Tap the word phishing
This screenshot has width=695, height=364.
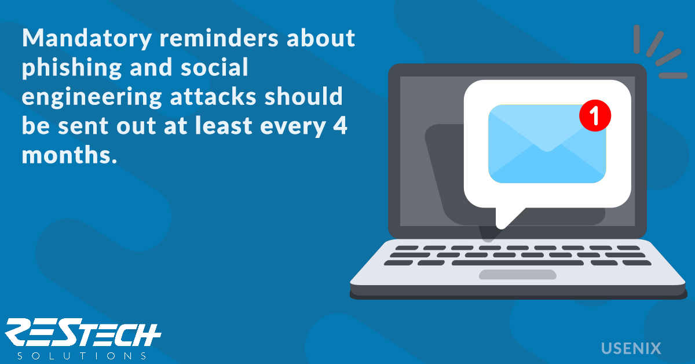tap(72, 68)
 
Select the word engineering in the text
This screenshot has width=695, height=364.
tap(92, 97)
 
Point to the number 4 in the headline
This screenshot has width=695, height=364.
tap(340, 125)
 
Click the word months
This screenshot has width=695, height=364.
tap(69, 154)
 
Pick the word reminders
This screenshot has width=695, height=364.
tap(219, 38)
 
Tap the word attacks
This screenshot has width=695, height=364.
tap(213, 96)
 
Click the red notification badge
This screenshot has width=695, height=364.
tap(595, 115)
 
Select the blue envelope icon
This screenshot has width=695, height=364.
tap(547, 144)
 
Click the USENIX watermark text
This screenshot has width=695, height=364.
tap(631, 348)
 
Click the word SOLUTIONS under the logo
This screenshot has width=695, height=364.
tap(82, 356)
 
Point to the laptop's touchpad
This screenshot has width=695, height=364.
tap(518, 275)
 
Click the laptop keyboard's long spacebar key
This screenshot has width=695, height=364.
tap(518, 263)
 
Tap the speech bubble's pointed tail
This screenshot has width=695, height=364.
tap(506, 218)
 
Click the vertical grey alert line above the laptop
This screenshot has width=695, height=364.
tap(637, 39)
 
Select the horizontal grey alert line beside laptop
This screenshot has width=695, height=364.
tap(673, 76)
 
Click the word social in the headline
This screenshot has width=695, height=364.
tap(214, 67)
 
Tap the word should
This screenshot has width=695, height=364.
tap(303, 96)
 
